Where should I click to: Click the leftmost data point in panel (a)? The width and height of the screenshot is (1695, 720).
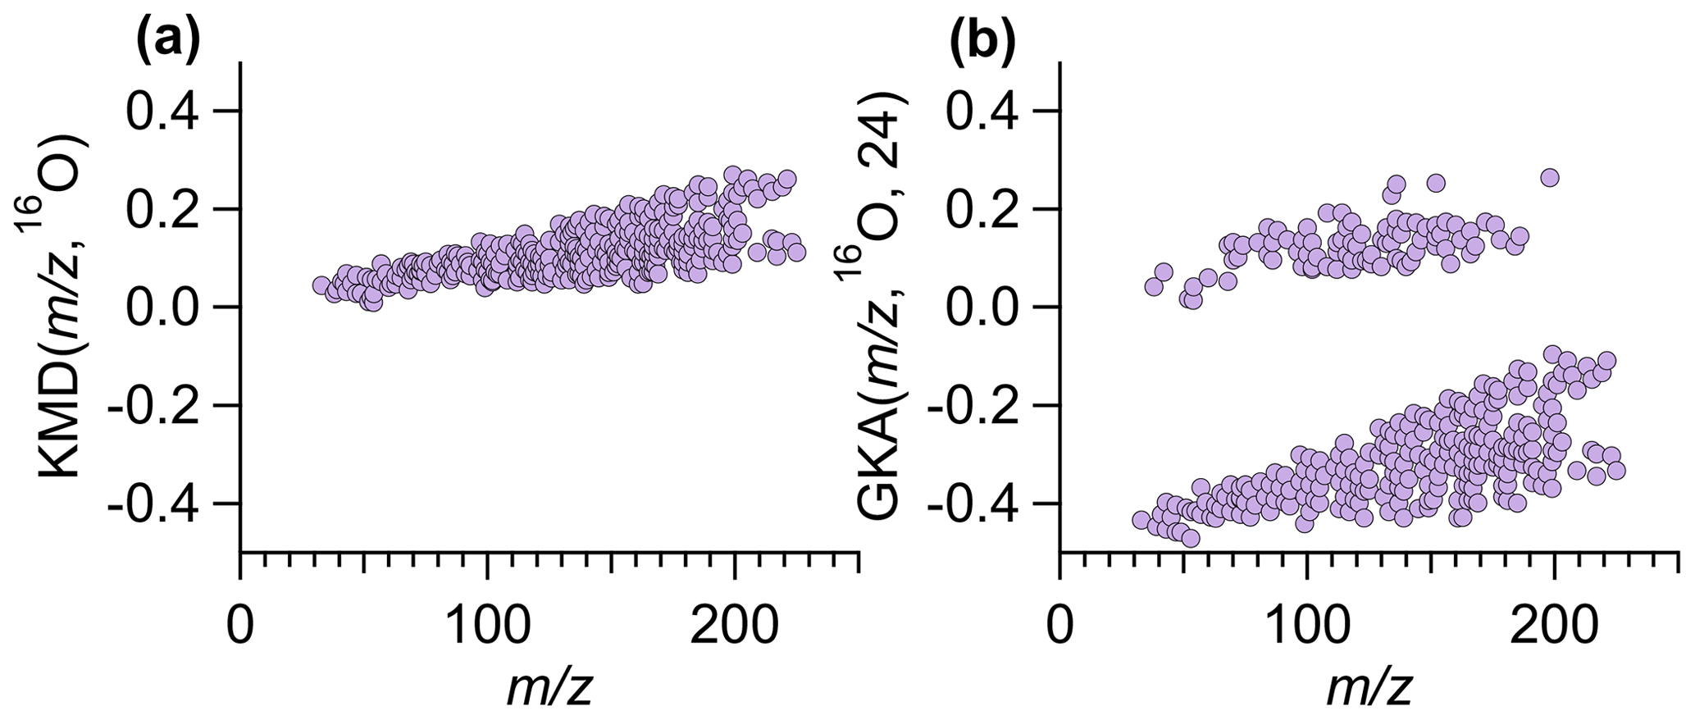point(321,285)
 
